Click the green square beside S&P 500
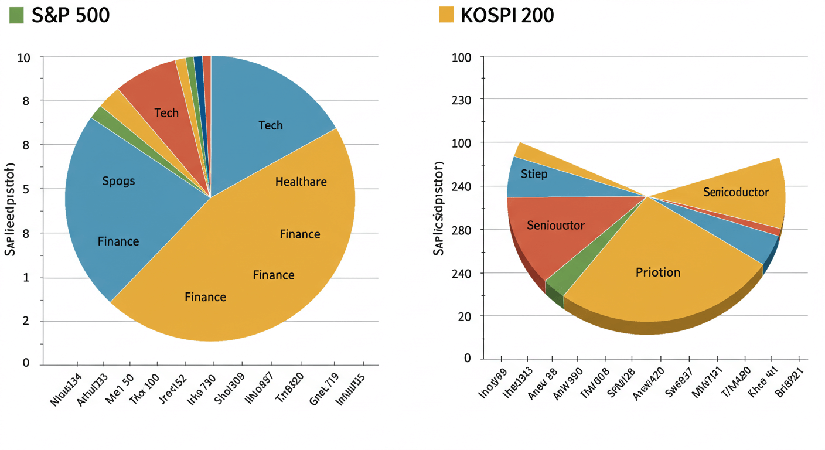[16, 15]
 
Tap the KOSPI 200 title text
[507, 15]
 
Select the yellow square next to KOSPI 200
[446, 15]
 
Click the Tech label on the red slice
[166, 112]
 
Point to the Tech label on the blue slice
[270, 125]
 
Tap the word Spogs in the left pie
[118, 180]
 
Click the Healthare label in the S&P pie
[301, 182]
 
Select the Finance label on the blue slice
[118, 241]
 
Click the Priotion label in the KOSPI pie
[658, 272]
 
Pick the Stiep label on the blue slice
[534, 174]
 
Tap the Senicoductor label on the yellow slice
[736, 192]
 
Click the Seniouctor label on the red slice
[555, 225]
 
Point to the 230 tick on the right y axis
[462, 100]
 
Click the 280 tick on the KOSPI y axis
[462, 230]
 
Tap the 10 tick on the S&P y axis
[23, 57]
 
